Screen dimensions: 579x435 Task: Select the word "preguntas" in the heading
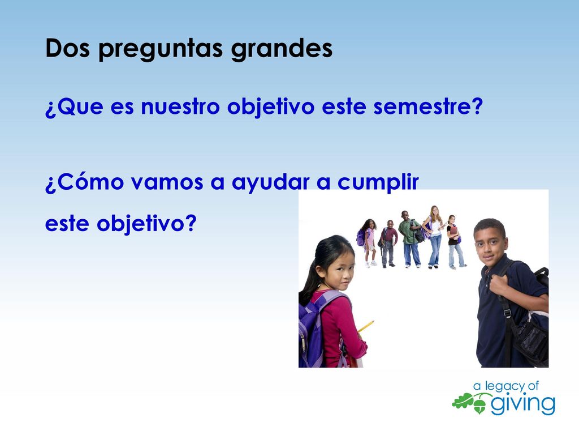161,49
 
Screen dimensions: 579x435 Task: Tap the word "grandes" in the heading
282,49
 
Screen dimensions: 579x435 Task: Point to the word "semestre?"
428,106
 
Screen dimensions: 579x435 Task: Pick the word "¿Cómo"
84,181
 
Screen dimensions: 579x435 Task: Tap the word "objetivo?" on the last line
146,224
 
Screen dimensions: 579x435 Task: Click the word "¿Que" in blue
74,106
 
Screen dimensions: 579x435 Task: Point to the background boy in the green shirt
410,239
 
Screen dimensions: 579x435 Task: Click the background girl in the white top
435,237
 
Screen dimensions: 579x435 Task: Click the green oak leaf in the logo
463,401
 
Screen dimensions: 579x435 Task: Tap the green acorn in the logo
479,404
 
